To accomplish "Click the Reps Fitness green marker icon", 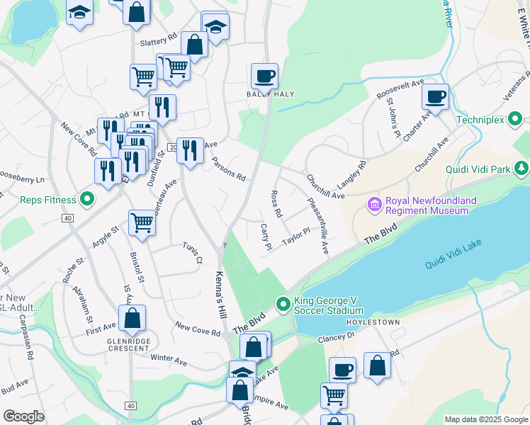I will [x=87, y=199].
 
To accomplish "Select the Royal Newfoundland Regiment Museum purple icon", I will [x=374, y=205].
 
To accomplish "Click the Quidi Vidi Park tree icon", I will [x=521, y=169].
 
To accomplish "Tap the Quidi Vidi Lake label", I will [x=457, y=262].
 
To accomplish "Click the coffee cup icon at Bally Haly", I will [x=264, y=76].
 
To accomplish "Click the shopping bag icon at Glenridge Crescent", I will [x=132, y=319].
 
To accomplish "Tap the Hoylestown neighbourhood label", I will [x=373, y=322].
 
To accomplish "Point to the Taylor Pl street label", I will [x=296, y=236].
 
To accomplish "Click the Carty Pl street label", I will [x=266, y=236].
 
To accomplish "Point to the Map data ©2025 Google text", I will [x=486, y=419].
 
